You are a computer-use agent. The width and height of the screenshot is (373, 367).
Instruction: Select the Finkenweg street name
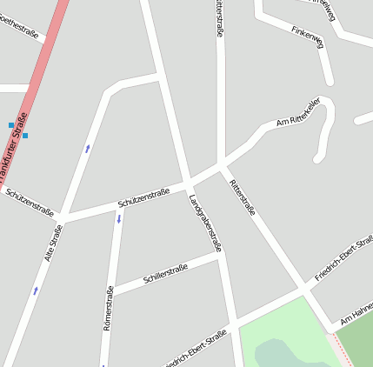308,40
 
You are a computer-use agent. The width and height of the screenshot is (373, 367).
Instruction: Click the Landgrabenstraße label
205,223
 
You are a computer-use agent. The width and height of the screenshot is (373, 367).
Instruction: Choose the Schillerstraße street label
165,271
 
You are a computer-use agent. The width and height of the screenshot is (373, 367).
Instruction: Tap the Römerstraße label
109,308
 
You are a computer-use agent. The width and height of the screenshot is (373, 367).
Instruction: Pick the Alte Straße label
54,243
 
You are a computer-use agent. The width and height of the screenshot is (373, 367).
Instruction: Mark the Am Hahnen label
356,315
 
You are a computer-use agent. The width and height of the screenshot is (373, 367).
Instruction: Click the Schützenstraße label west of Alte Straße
30,202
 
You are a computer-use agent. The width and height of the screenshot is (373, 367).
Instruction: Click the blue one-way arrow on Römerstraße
119,218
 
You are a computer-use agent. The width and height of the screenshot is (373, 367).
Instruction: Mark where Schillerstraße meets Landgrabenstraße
219,256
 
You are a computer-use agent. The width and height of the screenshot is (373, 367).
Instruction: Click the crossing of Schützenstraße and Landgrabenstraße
188,183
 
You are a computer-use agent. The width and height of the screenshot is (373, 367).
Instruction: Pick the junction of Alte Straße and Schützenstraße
63,217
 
